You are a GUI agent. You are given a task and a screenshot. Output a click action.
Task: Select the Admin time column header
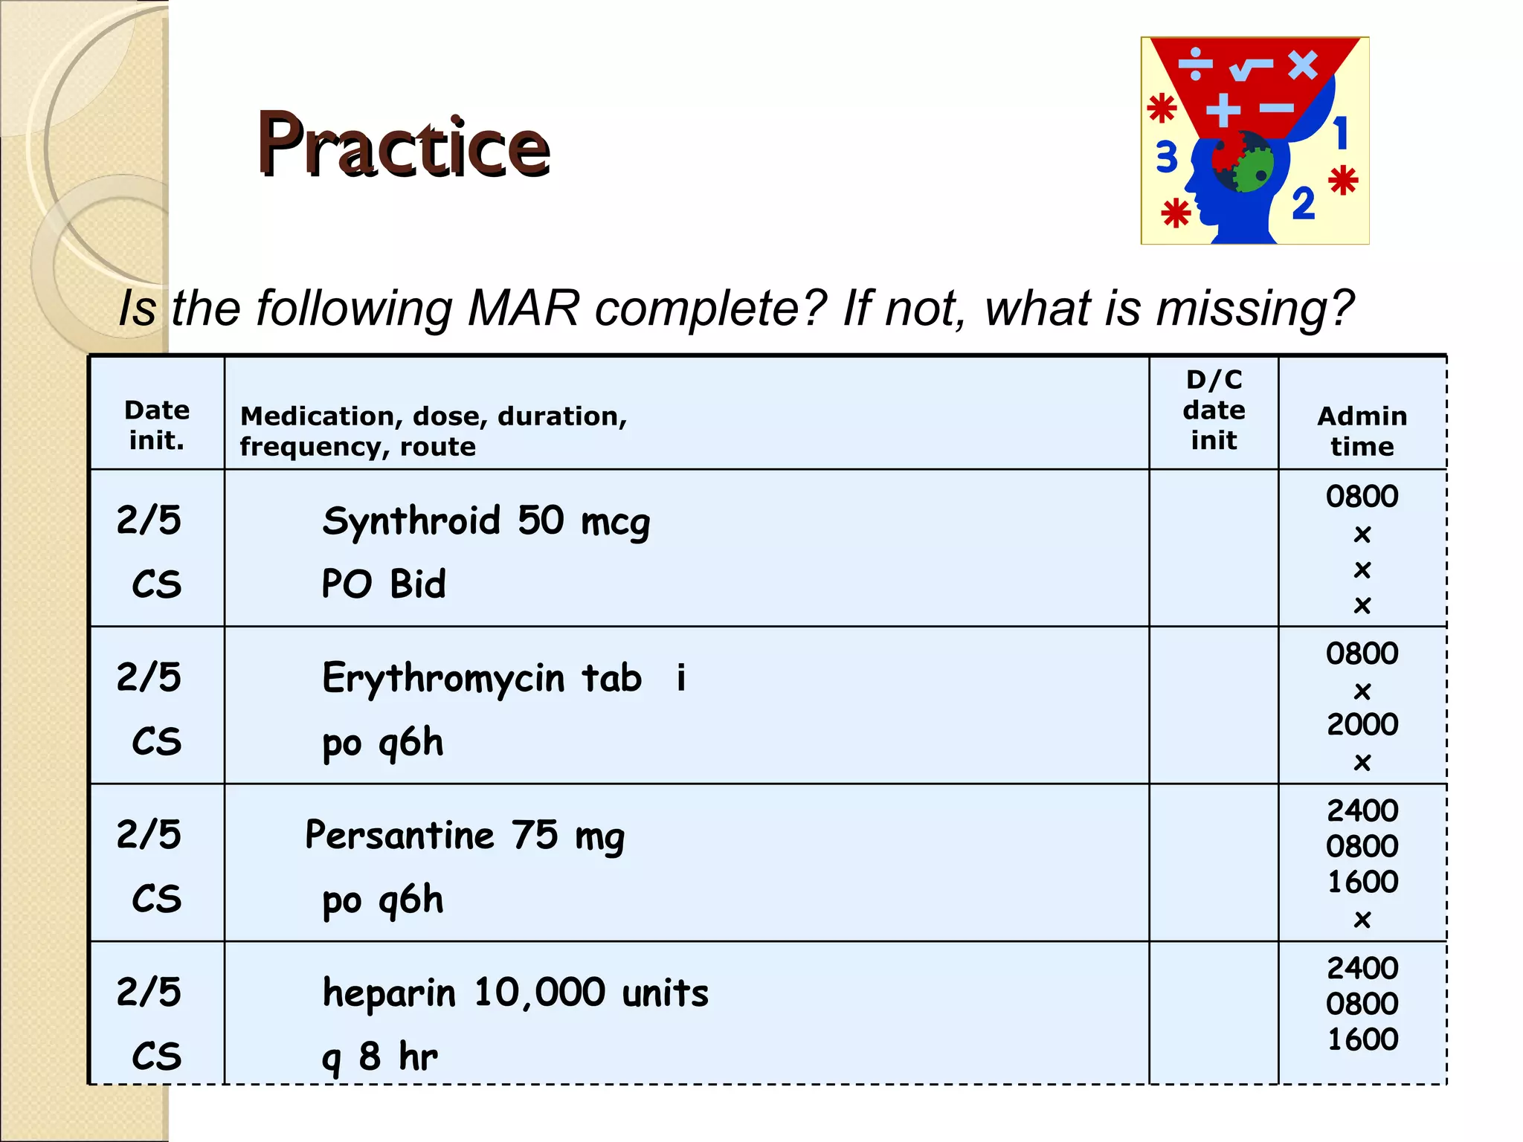click(x=1362, y=430)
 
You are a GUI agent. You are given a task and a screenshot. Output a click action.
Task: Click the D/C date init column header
click(x=1214, y=410)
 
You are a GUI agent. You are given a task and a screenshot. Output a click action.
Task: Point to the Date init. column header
click(x=156, y=425)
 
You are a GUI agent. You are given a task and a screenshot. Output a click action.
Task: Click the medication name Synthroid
click(x=411, y=520)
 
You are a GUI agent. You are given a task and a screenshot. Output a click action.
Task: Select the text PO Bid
click(x=384, y=584)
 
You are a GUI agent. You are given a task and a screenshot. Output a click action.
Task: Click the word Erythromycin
click(x=443, y=678)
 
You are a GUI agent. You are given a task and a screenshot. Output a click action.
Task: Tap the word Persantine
click(x=399, y=835)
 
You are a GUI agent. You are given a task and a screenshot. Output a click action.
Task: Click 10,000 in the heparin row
click(x=539, y=993)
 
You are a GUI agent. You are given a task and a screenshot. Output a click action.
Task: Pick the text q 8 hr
click(x=380, y=1056)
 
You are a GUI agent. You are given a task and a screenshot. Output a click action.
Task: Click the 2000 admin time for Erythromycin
click(x=1362, y=724)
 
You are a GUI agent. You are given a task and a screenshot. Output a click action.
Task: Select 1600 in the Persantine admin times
click(x=1362, y=882)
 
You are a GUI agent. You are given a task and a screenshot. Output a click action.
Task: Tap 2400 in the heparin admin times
click(x=1362, y=968)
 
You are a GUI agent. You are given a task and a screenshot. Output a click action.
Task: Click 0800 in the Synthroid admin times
click(x=1362, y=496)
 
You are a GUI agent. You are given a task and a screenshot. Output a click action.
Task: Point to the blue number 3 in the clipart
click(x=1166, y=158)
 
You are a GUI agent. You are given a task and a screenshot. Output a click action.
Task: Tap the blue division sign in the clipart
click(x=1196, y=65)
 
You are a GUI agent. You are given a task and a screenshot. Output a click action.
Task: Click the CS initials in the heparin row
click(x=156, y=1056)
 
